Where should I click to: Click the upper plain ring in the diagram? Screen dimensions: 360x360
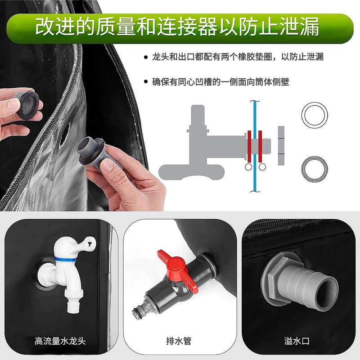[x=315, y=115]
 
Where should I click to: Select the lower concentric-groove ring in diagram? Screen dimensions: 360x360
[x=314, y=169]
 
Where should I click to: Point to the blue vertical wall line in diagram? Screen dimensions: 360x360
[x=255, y=144]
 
